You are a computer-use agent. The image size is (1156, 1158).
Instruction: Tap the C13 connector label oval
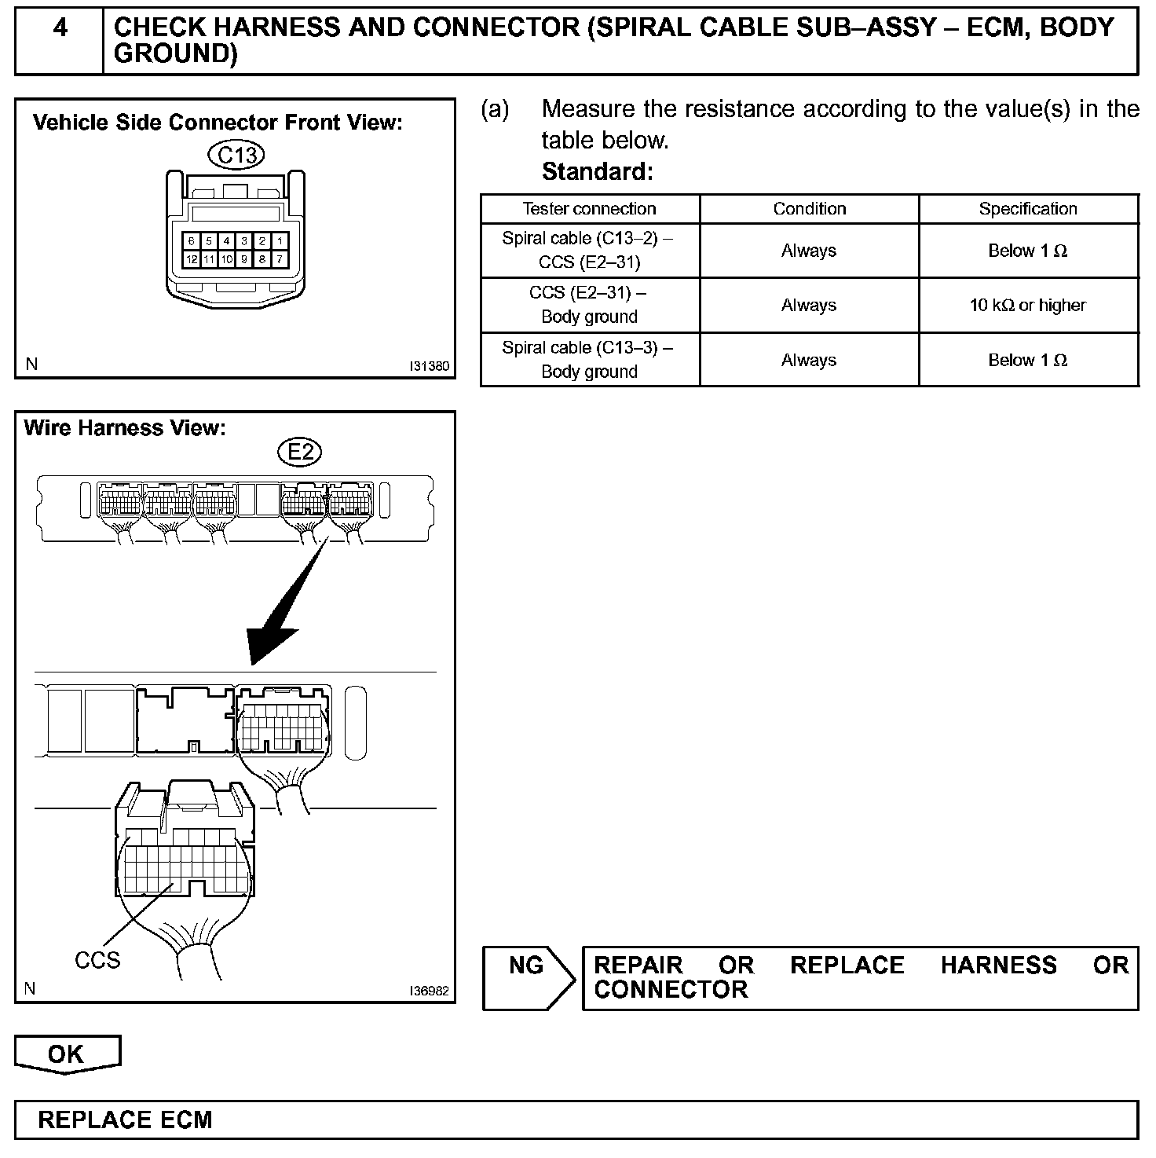click(236, 156)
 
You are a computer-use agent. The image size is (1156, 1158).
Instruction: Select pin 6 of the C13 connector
click(192, 241)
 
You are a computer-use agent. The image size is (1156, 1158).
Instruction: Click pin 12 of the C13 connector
click(192, 259)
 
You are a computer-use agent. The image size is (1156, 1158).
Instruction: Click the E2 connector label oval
click(300, 452)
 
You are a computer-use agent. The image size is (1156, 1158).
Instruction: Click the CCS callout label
click(97, 960)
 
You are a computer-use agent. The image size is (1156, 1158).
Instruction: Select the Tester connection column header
click(589, 209)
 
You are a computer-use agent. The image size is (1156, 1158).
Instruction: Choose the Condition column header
click(809, 209)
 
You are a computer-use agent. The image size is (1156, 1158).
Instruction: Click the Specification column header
click(1028, 209)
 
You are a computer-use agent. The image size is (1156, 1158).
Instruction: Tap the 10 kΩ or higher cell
click(1028, 305)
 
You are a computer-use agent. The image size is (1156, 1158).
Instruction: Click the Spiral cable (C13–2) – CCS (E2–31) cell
click(589, 251)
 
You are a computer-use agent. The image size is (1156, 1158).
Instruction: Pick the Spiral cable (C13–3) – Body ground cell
click(589, 360)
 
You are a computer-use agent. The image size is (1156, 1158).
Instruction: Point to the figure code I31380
click(429, 366)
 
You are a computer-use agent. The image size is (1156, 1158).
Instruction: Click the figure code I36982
click(429, 991)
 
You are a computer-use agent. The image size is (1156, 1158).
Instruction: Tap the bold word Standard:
click(597, 171)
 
